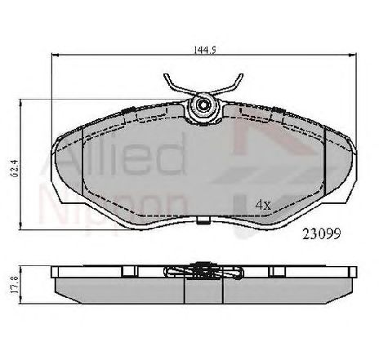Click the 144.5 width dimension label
[x=204, y=50]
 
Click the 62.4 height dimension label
[x=15, y=168]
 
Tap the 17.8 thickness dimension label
[x=15, y=285]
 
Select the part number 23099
[x=322, y=233]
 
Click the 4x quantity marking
[x=263, y=205]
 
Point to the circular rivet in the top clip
[x=203, y=104]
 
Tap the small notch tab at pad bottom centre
[x=203, y=220]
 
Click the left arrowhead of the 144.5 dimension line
[x=55, y=56]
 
